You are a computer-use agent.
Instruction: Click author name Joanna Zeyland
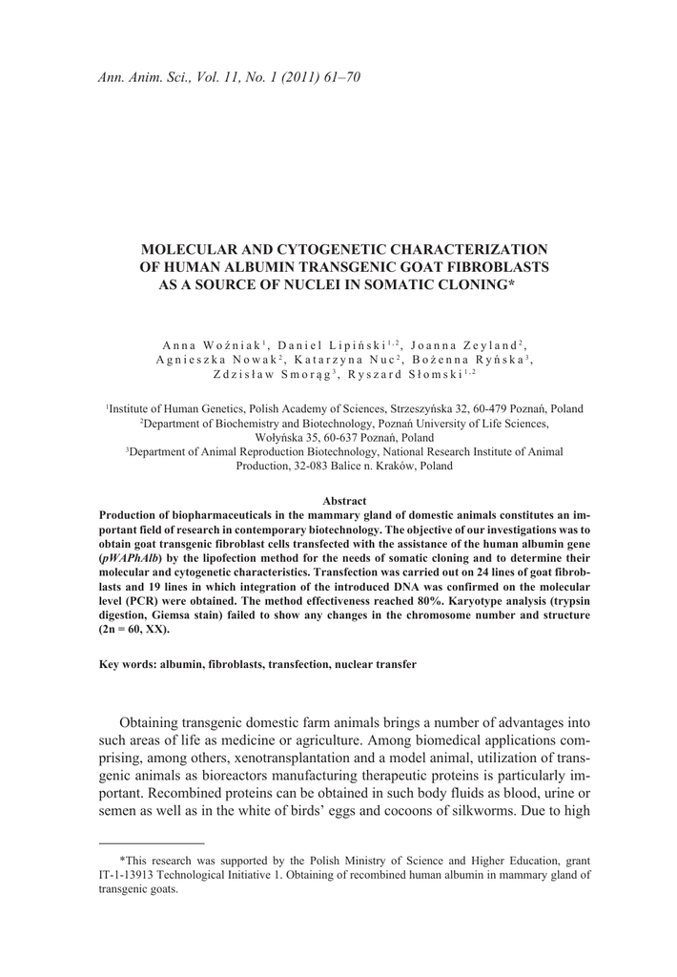(468, 343)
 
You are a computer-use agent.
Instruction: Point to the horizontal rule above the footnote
(152, 843)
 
